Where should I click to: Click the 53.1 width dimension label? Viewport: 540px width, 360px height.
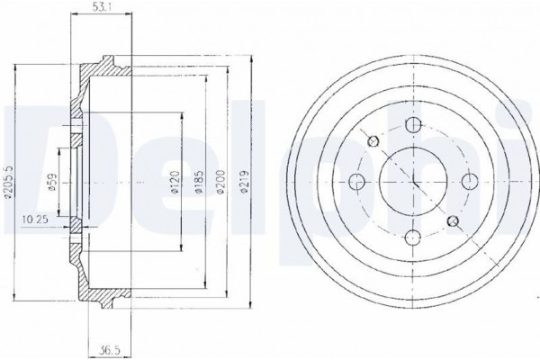(x=101, y=7)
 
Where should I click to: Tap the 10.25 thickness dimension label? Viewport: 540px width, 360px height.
(x=35, y=219)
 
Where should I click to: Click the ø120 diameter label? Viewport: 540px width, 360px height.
(x=175, y=182)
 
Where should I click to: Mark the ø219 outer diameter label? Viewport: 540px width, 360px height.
(x=244, y=182)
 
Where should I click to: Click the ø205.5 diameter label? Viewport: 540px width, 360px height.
(x=9, y=182)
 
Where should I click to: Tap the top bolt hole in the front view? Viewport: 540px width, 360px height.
(x=413, y=125)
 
